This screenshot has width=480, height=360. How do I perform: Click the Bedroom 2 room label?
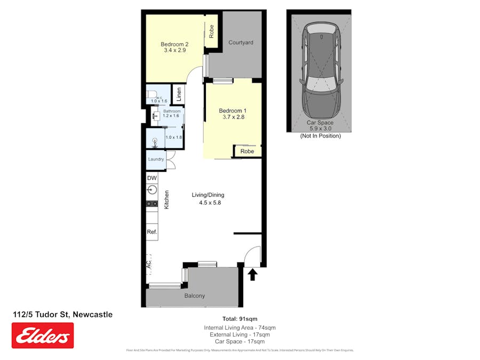click(x=174, y=44)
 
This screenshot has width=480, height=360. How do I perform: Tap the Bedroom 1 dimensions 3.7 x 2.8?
click(x=231, y=117)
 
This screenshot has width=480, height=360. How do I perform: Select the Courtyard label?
click(x=241, y=43)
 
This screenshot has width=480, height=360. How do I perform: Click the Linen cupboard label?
click(x=179, y=94)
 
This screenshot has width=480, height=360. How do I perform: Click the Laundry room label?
click(x=156, y=159)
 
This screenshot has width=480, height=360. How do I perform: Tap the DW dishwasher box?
click(x=152, y=178)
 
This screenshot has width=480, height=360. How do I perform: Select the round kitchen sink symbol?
click(x=152, y=189)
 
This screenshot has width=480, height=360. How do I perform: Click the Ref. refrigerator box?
click(x=152, y=232)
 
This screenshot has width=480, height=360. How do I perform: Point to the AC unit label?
click(x=149, y=263)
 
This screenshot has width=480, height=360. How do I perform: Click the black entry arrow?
click(x=253, y=275)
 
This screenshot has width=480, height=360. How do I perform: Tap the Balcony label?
click(x=195, y=295)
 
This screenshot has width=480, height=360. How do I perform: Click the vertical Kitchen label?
click(x=167, y=199)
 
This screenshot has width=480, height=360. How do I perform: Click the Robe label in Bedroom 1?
click(x=247, y=151)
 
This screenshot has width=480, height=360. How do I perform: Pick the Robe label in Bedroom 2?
click(x=212, y=31)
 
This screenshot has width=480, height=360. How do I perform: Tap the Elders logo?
click(x=43, y=335)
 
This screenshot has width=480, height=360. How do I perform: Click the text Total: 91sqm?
click(x=239, y=319)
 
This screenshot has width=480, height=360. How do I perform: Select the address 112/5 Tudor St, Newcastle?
click(x=62, y=315)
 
